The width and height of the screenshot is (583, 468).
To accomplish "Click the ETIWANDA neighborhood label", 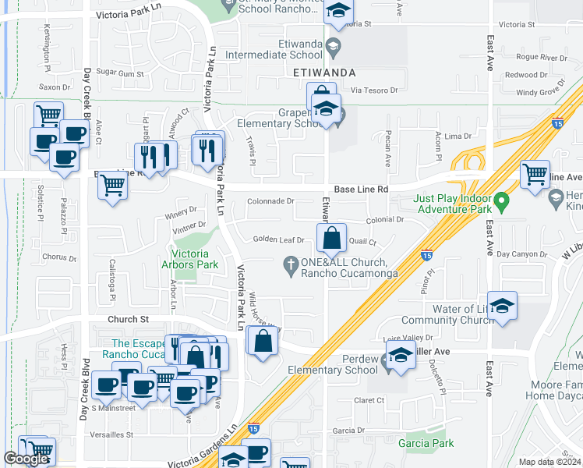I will (x=325, y=73).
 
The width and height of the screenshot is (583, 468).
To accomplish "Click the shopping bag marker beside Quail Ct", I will (x=331, y=238).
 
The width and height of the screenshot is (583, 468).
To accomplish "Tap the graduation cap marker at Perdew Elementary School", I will (x=401, y=356).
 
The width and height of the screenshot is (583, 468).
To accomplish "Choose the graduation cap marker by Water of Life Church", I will (x=503, y=307).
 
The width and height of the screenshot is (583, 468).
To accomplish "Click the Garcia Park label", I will (x=426, y=443).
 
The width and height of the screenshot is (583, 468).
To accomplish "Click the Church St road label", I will (x=128, y=319).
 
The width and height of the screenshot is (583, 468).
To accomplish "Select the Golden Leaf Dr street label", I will (x=278, y=239).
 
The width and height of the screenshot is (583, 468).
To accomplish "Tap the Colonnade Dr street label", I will (x=270, y=200).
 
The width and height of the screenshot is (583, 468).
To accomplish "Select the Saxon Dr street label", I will (x=55, y=87).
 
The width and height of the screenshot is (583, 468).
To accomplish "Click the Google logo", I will (x=26, y=459).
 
